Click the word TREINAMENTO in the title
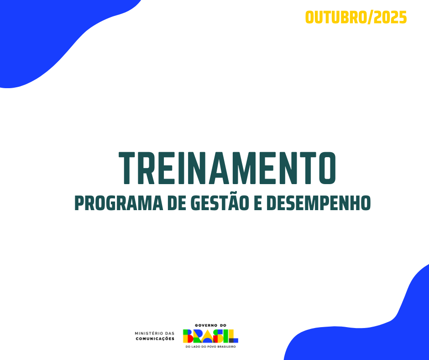227,168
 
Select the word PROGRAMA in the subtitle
119,203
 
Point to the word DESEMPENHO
319,203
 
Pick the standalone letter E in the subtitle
258,203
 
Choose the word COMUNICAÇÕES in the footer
155,339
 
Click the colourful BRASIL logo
210,336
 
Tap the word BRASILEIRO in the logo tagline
226,347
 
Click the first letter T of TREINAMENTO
127,168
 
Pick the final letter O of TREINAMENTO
328,168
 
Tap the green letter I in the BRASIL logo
225,336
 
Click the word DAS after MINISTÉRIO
169,334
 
